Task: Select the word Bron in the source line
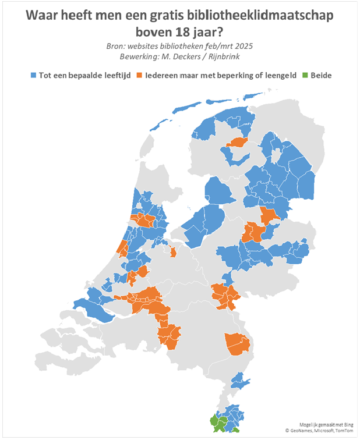pos(117,46)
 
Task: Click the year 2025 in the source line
pos(242,46)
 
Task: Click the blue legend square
pos(34,76)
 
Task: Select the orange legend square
pos(140,76)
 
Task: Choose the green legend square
pos(305,76)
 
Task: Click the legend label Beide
pos(321,76)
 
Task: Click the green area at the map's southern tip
pos(217,423)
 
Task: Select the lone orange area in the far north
pos(238,143)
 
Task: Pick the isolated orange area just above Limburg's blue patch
pos(238,345)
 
